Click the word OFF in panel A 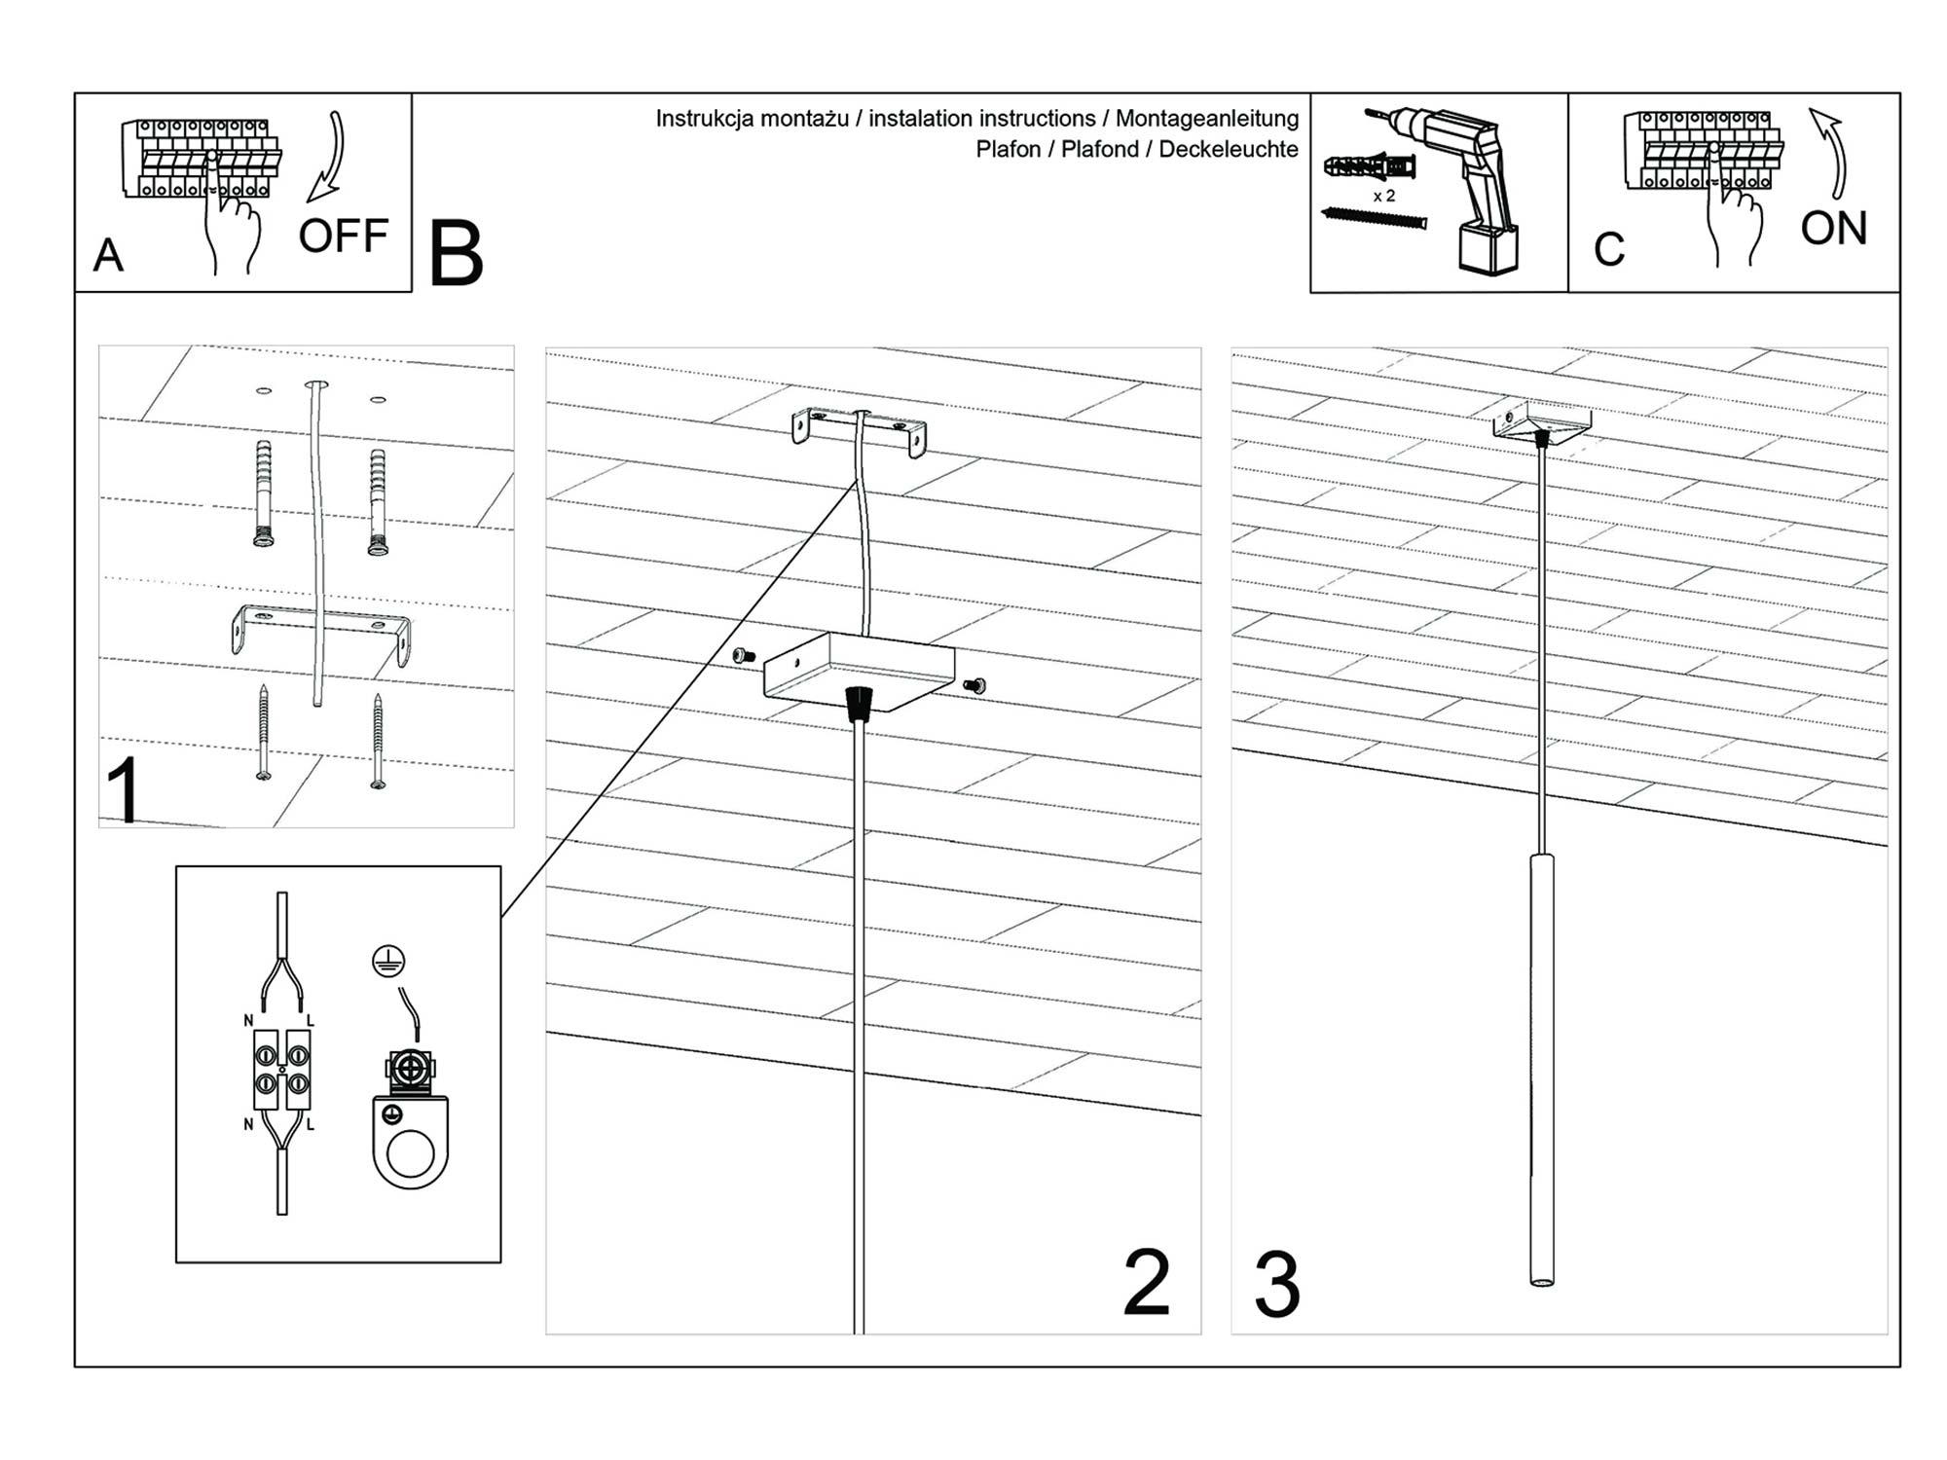(343, 237)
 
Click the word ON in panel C (1833, 229)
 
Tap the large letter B (456, 255)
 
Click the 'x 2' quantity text (1383, 197)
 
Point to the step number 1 (124, 790)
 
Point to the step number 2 (1146, 1283)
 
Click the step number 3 (1276, 1285)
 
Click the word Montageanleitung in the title (1206, 119)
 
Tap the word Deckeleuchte (1228, 150)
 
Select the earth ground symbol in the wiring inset (388, 962)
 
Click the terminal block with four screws (281, 1069)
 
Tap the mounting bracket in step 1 (321, 630)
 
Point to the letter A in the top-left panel (108, 256)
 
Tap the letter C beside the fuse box (1608, 249)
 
